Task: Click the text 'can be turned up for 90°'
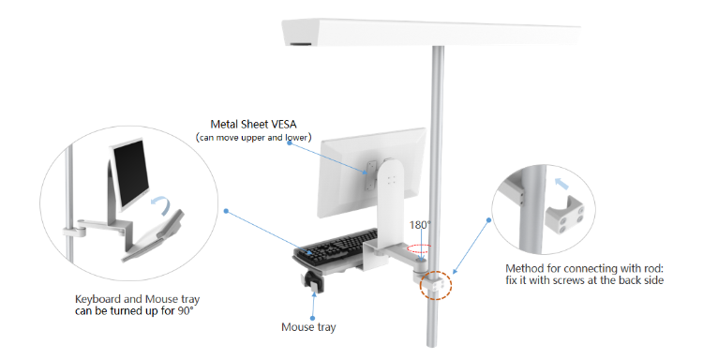point(141,311)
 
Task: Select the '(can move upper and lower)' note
point(253,138)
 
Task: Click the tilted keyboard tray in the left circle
point(159,232)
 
